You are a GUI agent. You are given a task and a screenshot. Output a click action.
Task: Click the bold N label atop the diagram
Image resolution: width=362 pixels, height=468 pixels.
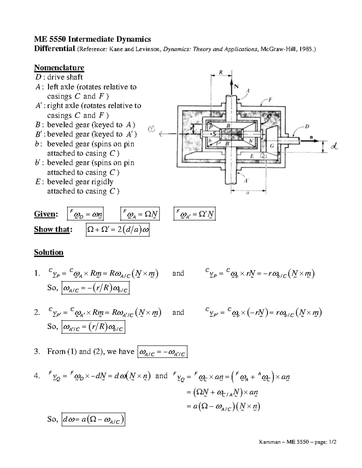[236, 86]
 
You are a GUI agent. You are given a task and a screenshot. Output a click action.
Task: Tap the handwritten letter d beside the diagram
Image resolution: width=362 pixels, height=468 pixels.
[334, 147]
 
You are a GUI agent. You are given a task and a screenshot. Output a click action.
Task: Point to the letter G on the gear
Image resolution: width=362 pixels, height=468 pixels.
[272, 146]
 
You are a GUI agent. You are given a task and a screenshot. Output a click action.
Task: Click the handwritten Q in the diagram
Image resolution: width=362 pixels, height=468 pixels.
[263, 156]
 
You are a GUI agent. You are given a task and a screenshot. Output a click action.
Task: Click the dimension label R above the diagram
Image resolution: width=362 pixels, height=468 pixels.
[221, 72]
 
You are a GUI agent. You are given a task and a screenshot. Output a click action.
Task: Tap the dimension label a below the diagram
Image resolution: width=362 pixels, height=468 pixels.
[248, 194]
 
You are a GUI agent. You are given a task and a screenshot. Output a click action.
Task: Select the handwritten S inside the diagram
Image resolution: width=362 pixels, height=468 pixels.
[214, 134]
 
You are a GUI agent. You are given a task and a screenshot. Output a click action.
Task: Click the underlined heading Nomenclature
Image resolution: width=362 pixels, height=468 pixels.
[59, 68]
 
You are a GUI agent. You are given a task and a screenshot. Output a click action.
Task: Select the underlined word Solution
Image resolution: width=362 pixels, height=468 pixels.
[49, 252]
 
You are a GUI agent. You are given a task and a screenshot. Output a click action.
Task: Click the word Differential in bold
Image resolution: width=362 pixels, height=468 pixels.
[54, 49]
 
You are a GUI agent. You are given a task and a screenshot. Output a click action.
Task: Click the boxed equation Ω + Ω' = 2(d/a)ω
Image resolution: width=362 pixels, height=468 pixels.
[118, 230]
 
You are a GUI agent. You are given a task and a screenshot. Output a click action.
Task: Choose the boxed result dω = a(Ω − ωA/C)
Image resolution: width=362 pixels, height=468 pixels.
[93, 420]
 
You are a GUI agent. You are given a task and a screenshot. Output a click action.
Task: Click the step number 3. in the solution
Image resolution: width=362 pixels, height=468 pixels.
[37, 351]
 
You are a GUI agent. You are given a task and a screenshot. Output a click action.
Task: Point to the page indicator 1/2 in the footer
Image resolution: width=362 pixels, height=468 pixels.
[332, 442]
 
